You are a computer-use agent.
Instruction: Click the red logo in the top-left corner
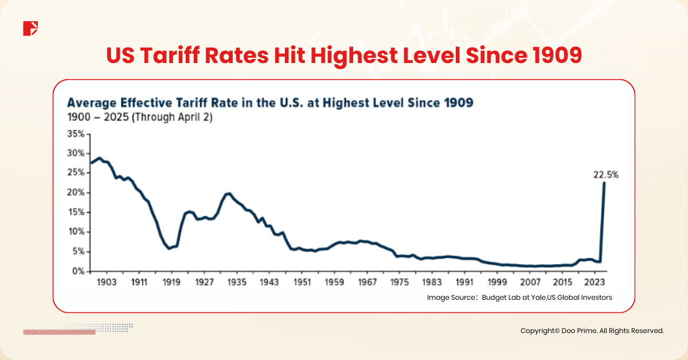point(30,28)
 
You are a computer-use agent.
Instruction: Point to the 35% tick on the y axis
point(76,134)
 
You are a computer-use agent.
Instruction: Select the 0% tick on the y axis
point(79,271)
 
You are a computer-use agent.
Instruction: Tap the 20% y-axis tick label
point(76,193)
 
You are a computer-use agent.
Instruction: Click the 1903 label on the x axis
point(107,282)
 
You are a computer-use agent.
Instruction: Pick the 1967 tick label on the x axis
point(367,282)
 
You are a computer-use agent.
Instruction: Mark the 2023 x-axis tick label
point(596,282)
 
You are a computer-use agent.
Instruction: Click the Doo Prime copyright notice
point(592,331)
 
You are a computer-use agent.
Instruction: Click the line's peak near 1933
point(229,194)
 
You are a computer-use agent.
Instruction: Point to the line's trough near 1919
point(169,248)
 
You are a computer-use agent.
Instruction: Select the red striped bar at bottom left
point(55,331)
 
